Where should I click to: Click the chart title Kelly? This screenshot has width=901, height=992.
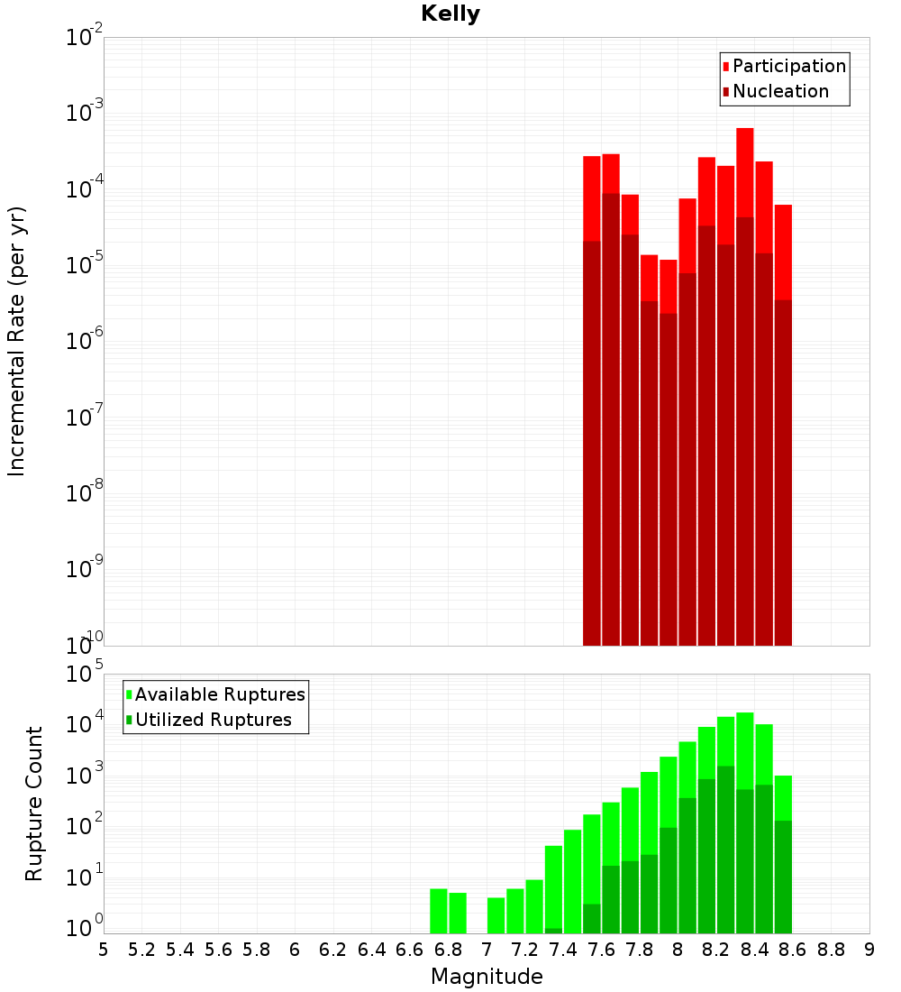point(450,14)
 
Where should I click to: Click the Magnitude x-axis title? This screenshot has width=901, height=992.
point(487,977)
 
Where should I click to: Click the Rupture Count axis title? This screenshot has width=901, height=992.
point(34,804)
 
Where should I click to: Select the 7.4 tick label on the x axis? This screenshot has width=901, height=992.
point(563,950)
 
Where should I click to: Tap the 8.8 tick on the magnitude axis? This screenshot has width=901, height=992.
point(831,950)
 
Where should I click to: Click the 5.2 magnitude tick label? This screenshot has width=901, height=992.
point(141,950)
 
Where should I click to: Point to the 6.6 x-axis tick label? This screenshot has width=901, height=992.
point(410,950)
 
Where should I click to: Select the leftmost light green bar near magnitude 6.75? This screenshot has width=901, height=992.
point(439,911)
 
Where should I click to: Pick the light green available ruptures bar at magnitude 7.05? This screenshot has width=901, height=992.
point(496,915)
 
